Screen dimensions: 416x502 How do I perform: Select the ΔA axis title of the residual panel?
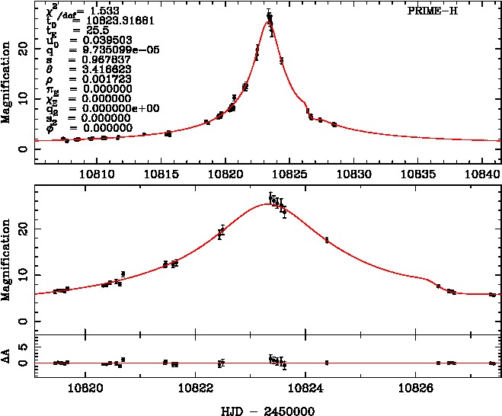pyautogui.click(x=6, y=357)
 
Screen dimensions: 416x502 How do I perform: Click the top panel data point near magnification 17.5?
pyautogui.click(x=281, y=61)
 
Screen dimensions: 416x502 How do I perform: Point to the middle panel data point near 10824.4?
pyautogui.click(x=327, y=240)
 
